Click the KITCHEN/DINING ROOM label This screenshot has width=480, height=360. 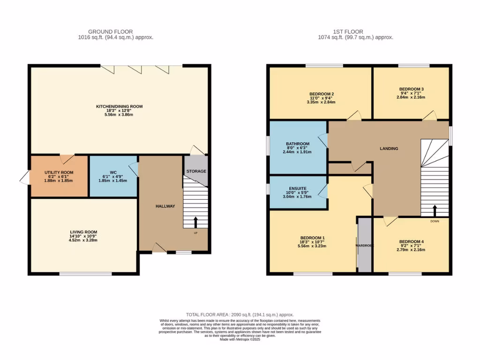coord(119,106)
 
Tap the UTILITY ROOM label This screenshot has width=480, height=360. coord(59,172)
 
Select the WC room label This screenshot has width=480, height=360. coord(113,172)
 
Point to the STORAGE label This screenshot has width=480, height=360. coord(196,171)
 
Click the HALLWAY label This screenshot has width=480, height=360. coord(165,206)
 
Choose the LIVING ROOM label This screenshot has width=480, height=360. coord(83,232)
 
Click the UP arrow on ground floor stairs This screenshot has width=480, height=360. coord(195,222)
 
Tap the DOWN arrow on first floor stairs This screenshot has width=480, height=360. coord(435,210)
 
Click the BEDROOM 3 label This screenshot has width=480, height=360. coord(412,89)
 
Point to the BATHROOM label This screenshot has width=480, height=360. coord(298,143)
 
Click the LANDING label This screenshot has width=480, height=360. coord(389,149)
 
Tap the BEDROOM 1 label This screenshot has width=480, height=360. coord(313,238)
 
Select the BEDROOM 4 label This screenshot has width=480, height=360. coord(412,241)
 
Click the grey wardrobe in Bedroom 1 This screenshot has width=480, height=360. coord(364,245)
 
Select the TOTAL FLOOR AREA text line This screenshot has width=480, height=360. coord(240,315)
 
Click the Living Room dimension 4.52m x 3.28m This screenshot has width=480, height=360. coord(83,240)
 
